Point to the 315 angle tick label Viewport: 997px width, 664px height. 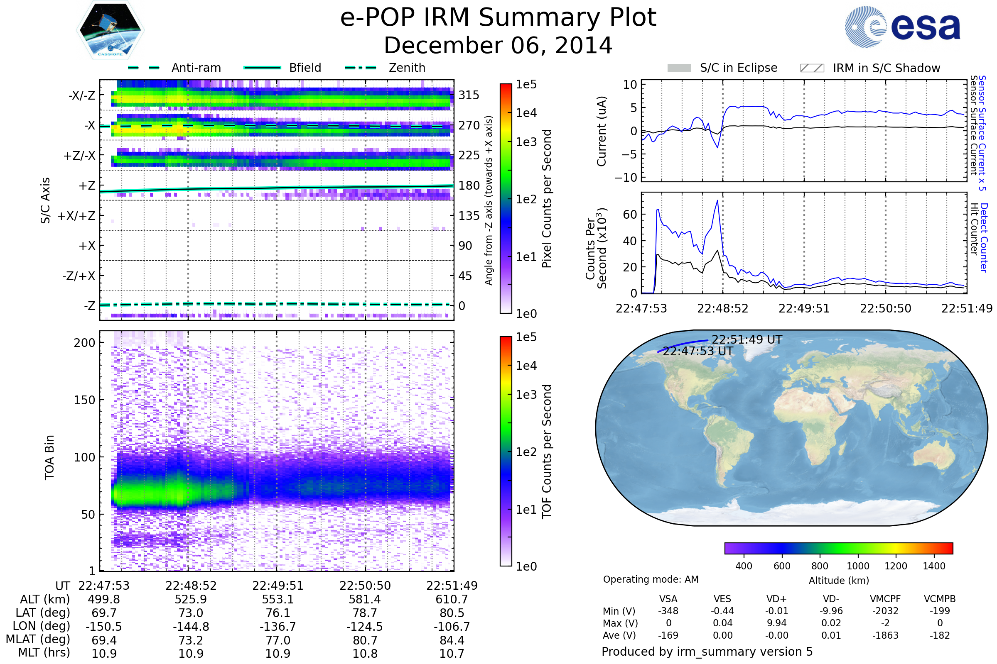click(469, 95)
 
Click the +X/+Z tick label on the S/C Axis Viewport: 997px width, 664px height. click(76, 216)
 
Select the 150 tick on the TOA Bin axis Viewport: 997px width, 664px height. click(84, 400)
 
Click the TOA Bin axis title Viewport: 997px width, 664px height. click(49, 457)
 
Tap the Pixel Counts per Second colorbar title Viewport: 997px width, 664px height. click(547, 199)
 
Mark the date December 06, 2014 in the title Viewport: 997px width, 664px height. click(498, 46)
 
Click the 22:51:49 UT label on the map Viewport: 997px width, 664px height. click(747, 339)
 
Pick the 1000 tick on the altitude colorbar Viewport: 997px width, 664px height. click(858, 566)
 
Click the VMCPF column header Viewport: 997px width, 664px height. click(885, 599)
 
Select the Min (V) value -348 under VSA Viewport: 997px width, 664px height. click(668, 611)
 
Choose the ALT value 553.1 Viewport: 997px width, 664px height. click(277, 600)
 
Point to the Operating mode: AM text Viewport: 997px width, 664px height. click(651, 579)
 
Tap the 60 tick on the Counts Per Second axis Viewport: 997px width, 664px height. click(630, 215)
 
